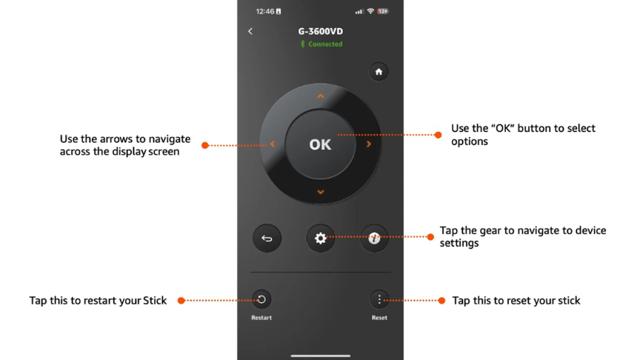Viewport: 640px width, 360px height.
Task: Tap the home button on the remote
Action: [379, 72]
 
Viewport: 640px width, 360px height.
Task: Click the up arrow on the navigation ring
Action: [321, 96]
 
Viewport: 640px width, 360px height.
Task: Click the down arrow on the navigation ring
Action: [321, 192]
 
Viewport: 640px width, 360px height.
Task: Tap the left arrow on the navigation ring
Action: [273, 144]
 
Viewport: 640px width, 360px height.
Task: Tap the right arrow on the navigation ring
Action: [369, 144]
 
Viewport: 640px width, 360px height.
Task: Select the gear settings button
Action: [321, 239]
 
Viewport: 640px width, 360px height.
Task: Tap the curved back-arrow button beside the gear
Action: [267, 239]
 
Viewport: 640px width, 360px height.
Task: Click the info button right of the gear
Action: [374, 239]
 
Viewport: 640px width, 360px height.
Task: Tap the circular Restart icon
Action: [261, 299]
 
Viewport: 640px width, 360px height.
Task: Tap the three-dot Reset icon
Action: [379, 299]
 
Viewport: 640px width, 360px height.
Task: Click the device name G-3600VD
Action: [321, 31]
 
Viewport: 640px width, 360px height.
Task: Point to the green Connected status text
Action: [325, 44]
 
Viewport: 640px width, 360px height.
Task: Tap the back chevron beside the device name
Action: [250, 31]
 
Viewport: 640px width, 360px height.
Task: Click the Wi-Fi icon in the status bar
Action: [370, 11]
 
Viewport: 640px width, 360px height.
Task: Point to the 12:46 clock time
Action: [265, 11]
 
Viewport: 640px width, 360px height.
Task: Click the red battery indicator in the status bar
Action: [383, 11]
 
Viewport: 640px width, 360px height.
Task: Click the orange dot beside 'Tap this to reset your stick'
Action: [441, 301]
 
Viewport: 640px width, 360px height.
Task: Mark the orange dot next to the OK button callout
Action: [438, 135]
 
